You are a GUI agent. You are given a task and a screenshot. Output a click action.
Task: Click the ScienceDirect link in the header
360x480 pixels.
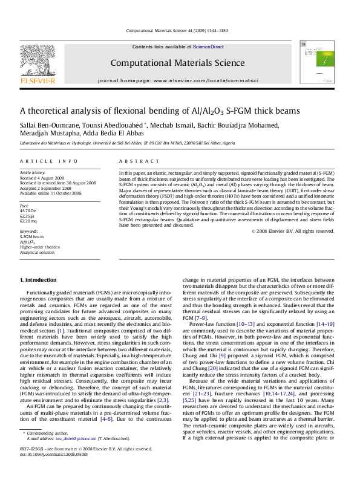[208, 47]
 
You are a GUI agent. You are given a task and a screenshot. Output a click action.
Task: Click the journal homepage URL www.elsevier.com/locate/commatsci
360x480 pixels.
[206, 80]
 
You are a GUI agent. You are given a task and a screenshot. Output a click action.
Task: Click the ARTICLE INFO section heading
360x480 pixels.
[49, 161]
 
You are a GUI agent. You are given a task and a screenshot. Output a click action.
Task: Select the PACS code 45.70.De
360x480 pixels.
[29, 210]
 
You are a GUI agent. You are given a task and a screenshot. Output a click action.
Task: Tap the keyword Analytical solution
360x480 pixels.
[38, 251]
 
